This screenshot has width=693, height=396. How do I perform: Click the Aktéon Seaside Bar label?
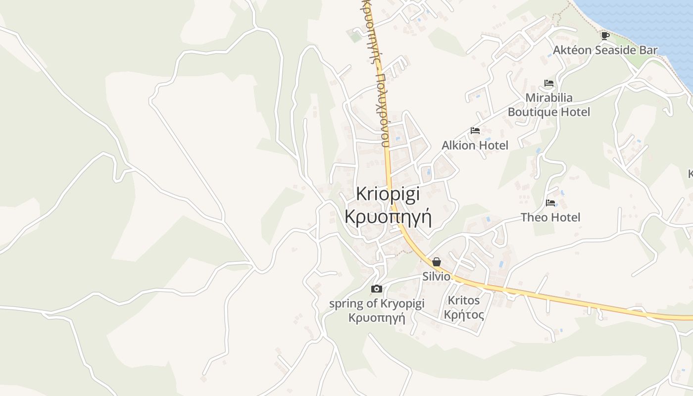(x=605, y=50)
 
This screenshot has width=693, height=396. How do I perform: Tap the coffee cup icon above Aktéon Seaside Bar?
(x=605, y=35)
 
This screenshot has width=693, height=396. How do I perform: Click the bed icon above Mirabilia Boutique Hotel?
(x=548, y=83)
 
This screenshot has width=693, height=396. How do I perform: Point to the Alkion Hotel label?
(x=475, y=145)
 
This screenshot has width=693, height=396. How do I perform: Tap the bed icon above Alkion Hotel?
(x=475, y=131)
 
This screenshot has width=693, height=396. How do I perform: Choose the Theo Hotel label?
(x=550, y=217)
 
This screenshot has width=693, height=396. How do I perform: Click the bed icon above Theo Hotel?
(x=550, y=202)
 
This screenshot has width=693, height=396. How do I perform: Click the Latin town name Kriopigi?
(x=388, y=194)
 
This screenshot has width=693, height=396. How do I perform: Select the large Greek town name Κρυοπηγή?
(x=388, y=216)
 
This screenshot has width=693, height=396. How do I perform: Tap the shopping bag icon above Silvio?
(x=437, y=262)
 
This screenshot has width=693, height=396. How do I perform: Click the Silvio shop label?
(x=436, y=276)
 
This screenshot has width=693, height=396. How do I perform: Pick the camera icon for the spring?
(x=377, y=289)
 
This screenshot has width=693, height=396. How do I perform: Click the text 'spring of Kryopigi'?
(x=377, y=303)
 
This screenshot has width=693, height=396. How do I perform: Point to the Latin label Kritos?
(x=464, y=300)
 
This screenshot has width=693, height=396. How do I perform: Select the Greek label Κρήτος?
(x=464, y=314)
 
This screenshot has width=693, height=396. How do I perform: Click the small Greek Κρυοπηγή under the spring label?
(x=377, y=318)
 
